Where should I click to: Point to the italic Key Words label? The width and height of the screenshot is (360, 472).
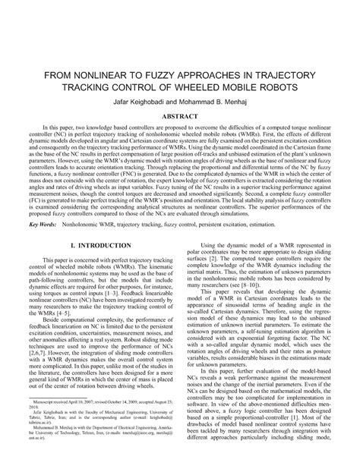pos(42,225)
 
